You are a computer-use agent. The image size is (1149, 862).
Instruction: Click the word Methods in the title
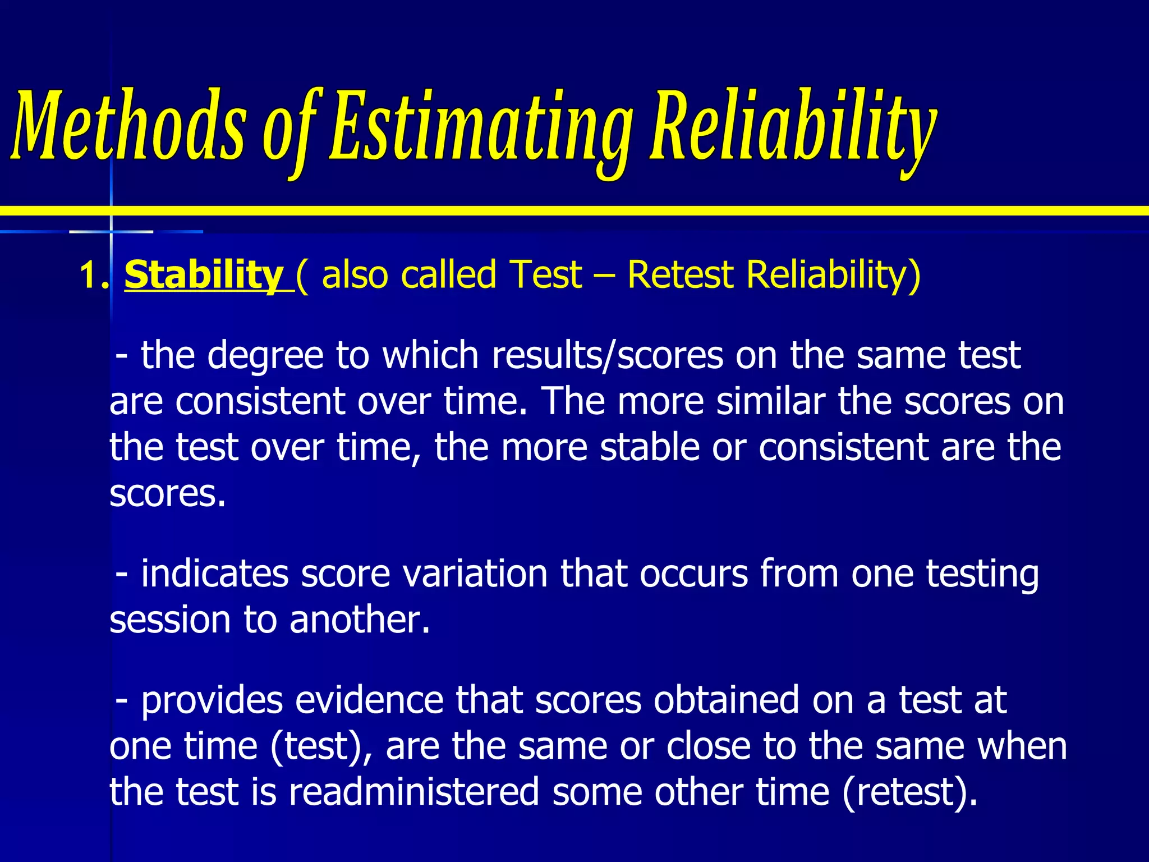coord(129,126)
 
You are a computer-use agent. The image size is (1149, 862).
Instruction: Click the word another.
coord(360,620)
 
